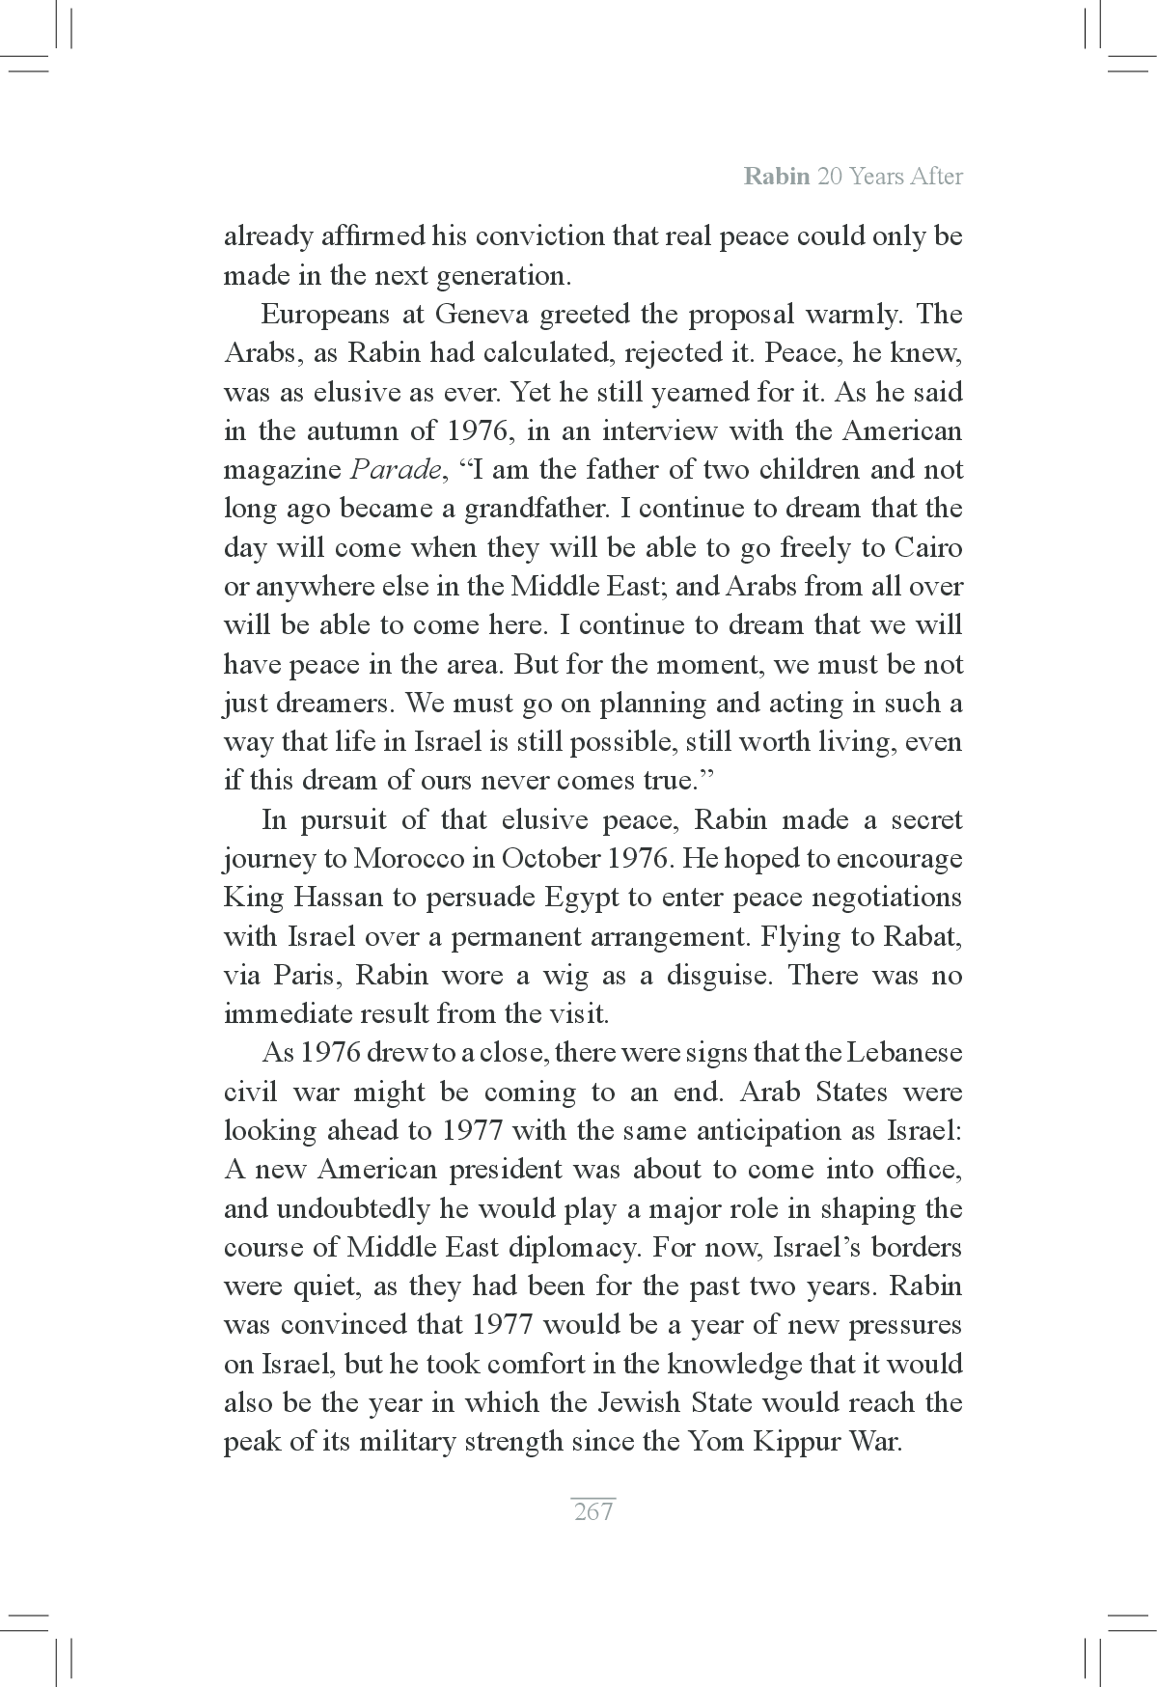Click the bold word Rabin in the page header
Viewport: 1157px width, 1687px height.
pyautogui.click(x=776, y=178)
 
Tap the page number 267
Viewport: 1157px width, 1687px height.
pyautogui.click(x=592, y=1511)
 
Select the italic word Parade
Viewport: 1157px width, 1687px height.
pyautogui.click(x=394, y=470)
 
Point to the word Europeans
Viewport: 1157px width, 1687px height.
pyautogui.click(x=322, y=315)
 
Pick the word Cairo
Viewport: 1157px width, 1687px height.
pyautogui.click(x=928, y=548)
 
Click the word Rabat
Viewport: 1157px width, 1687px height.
pyautogui.click(x=924, y=937)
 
